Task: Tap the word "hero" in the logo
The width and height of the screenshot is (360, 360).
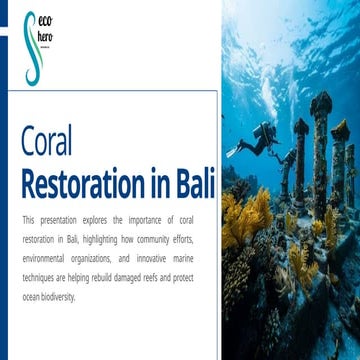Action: [45, 38]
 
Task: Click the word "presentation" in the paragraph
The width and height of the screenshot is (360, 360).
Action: [59, 219]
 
